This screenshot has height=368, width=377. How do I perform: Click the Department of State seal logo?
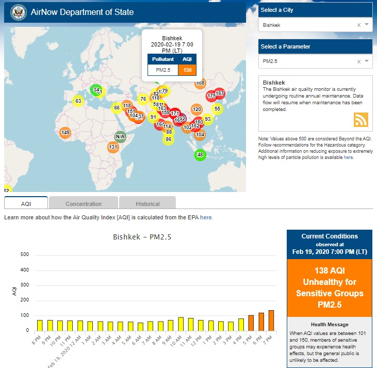(18, 12)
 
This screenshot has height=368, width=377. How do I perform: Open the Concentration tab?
(84, 203)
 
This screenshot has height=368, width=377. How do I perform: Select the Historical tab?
(147, 203)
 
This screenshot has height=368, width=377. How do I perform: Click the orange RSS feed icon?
(361, 119)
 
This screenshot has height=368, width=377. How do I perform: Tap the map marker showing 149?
(65, 133)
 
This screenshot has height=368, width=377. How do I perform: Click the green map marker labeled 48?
(200, 154)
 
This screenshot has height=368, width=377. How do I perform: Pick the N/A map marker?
(120, 137)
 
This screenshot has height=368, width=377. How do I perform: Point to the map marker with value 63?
(78, 101)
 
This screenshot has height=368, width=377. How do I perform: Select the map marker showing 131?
(113, 147)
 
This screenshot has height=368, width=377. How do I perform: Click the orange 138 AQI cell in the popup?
(187, 70)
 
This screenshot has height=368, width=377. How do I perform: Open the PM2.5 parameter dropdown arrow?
(367, 61)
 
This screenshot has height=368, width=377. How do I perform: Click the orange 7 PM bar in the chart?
(271, 320)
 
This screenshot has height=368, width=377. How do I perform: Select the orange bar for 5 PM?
(251, 323)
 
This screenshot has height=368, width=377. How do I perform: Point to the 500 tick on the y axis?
(25, 255)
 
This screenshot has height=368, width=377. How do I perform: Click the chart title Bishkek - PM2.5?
(142, 237)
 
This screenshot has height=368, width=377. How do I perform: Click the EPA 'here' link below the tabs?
(206, 217)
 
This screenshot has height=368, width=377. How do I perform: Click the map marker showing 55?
(217, 108)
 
